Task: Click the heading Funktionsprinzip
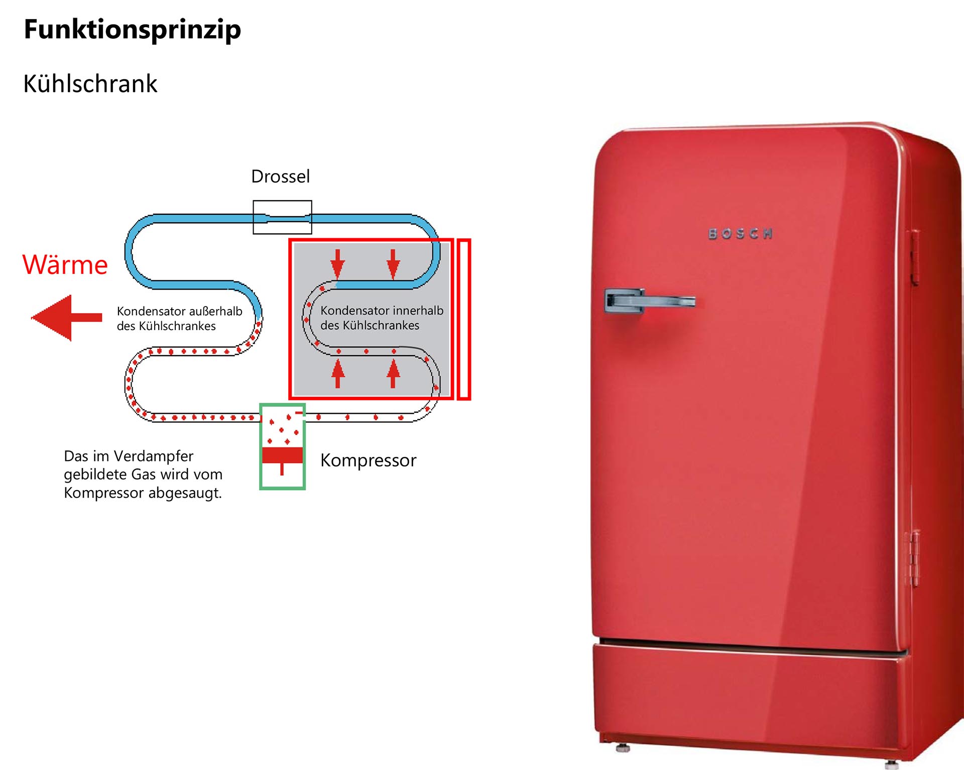pos(132,29)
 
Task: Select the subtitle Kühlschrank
pos(90,83)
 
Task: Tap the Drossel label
pos(280,177)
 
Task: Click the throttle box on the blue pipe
pos(282,217)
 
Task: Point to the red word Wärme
pos(65,265)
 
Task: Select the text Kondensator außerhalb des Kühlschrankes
pos(179,319)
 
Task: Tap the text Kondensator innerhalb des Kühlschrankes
pos(382,318)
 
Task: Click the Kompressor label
pos(368,460)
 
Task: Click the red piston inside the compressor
pos(282,455)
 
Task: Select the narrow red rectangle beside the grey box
pos(464,320)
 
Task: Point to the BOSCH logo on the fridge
pos(740,234)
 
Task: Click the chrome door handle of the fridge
pos(648,301)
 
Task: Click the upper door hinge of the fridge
pos(915,257)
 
